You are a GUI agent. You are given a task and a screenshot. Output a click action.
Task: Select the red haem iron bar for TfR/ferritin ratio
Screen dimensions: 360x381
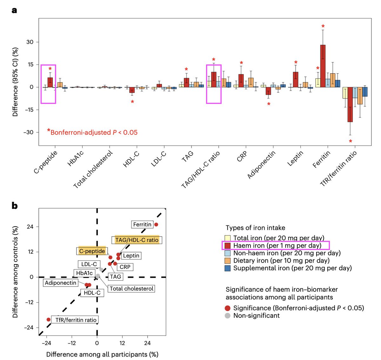coord(350,104)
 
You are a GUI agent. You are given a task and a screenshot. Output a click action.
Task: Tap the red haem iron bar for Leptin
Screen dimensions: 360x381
coord(296,79)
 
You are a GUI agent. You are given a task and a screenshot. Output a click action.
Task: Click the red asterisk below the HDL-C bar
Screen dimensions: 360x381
coord(132,102)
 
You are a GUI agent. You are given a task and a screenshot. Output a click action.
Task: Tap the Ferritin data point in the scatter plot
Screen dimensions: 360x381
coord(156,224)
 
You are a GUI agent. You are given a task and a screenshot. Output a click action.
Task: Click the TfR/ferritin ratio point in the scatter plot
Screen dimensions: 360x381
coord(48,319)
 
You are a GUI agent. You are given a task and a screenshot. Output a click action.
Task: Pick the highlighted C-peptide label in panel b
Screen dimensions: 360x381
coord(92,251)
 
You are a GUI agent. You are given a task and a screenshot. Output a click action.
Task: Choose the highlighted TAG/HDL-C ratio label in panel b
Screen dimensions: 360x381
coord(137,240)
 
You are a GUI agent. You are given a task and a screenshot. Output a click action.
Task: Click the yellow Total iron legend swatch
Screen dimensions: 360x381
coord(228,238)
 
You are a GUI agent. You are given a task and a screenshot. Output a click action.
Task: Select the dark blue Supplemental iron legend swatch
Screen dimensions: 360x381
coord(228,268)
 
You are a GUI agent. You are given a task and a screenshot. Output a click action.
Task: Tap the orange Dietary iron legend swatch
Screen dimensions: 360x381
coord(228,261)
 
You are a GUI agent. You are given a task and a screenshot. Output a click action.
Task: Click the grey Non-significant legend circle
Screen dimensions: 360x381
coord(227,316)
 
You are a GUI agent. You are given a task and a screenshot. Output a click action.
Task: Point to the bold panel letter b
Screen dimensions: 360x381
coord(15,206)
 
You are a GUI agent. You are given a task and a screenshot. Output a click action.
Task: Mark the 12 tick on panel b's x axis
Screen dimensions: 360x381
coord(122,343)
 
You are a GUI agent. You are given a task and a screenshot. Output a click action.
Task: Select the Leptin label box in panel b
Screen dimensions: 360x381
coord(131,256)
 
